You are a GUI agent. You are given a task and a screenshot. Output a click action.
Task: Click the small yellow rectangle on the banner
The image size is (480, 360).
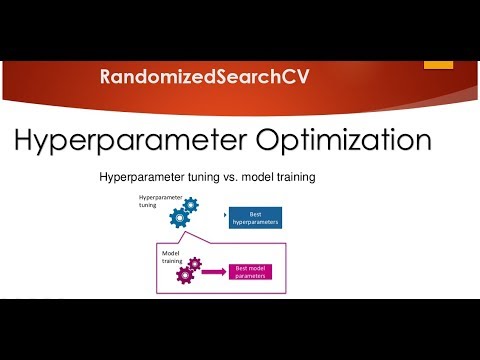coord(437,64)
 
